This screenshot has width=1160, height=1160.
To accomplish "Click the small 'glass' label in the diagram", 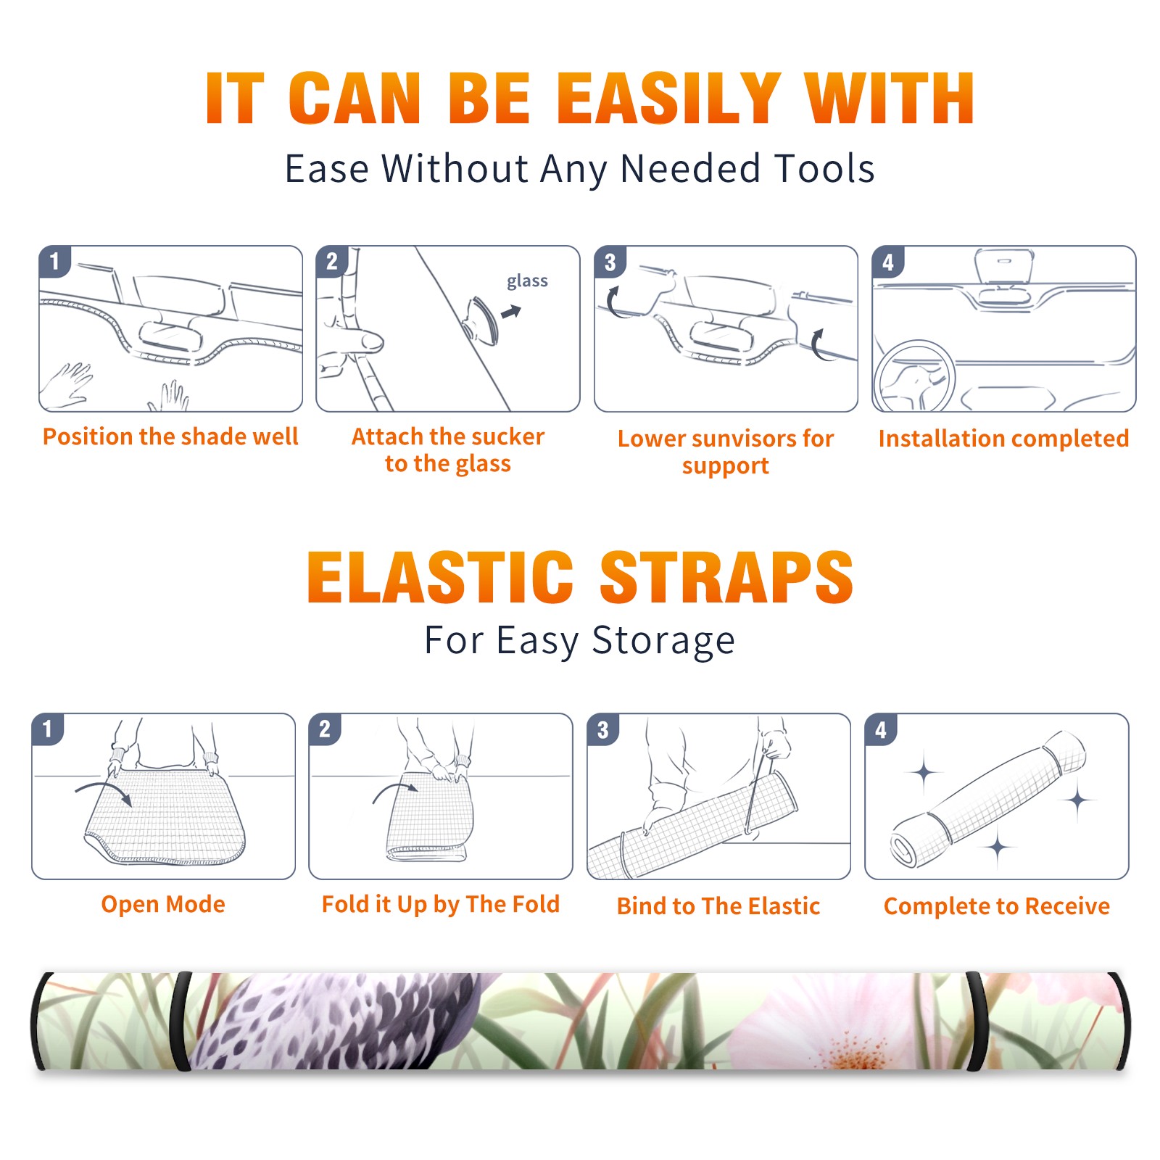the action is [527, 281].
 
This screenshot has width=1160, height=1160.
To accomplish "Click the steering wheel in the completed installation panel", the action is [914, 377].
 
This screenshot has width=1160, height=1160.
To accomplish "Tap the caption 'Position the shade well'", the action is [170, 436].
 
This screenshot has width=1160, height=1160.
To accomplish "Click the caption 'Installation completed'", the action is [1003, 438].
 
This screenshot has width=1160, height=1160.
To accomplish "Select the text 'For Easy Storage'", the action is [579, 640].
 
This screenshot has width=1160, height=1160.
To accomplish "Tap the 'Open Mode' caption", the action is [163, 904].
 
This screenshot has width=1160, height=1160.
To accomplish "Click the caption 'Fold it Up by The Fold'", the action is [441, 904].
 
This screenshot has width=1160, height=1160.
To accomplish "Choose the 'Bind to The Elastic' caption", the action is [718, 906].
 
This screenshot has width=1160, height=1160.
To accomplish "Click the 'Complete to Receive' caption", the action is [997, 906].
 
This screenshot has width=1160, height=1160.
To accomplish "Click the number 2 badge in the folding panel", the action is [325, 729].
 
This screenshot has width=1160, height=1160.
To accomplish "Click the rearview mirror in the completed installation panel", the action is [1003, 268].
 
